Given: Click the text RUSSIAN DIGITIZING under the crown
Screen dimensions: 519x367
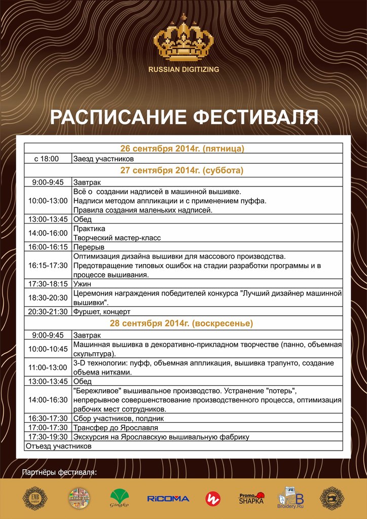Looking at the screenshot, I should pyautogui.click(x=183, y=69).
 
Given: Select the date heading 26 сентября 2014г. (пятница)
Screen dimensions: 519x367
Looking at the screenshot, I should pyautogui.click(x=182, y=149).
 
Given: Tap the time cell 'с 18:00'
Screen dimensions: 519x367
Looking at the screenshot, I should pyautogui.click(x=47, y=159).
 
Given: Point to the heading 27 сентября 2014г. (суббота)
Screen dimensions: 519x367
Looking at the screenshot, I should pyautogui.click(x=182, y=170).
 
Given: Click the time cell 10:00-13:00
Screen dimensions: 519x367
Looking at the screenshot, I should pyautogui.click(x=48, y=201).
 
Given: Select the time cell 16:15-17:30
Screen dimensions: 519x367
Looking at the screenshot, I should pyautogui.click(x=48, y=265).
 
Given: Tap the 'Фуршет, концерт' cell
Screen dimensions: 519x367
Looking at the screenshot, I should pyautogui.click(x=102, y=311).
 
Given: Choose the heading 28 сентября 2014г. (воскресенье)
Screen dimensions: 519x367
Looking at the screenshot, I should pyautogui.click(x=182, y=323).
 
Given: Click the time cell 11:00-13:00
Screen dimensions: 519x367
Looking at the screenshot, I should pyautogui.click(x=48, y=367).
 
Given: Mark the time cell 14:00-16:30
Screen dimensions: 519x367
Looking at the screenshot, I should pyautogui.click(x=48, y=400).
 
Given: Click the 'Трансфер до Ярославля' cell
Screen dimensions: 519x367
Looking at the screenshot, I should pyautogui.click(x=108, y=427).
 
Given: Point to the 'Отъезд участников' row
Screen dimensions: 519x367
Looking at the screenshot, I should pyautogui.click(x=58, y=447).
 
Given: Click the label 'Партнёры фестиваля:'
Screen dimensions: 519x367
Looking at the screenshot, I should pyautogui.click(x=59, y=473).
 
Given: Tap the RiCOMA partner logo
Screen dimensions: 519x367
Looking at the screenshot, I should pyautogui.click(x=168, y=499).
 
